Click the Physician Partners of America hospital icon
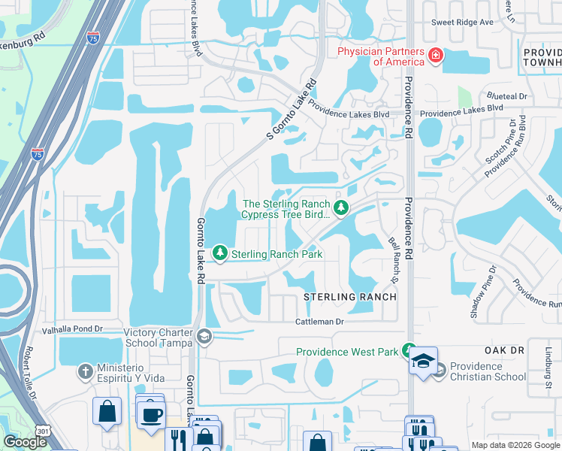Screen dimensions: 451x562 (x=435, y=56)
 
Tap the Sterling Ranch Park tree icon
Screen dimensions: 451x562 (x=220, y=254)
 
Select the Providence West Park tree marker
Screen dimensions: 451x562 (x=409, y=351)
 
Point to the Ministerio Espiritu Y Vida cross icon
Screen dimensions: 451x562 (x=86, y=371)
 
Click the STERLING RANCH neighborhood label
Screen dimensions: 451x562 (x=349, y=297)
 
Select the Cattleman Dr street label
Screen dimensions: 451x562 (x=318, y=322)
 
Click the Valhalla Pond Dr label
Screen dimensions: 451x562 (x=51, y=329)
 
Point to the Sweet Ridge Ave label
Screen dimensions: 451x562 (x=462, y=22)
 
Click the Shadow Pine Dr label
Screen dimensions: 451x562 (x=483, y=291)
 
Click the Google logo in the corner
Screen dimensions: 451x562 (x=24, y=441)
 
